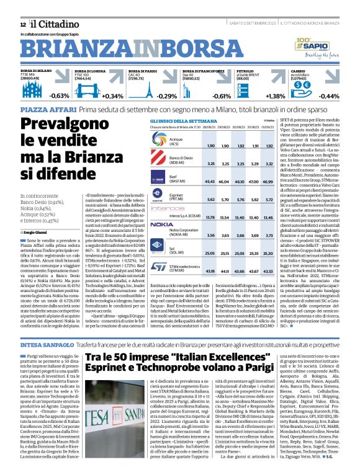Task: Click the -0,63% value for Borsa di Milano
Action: pos(60,97)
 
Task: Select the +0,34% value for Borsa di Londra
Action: pos(113,97)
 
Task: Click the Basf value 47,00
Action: pos(254,181)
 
